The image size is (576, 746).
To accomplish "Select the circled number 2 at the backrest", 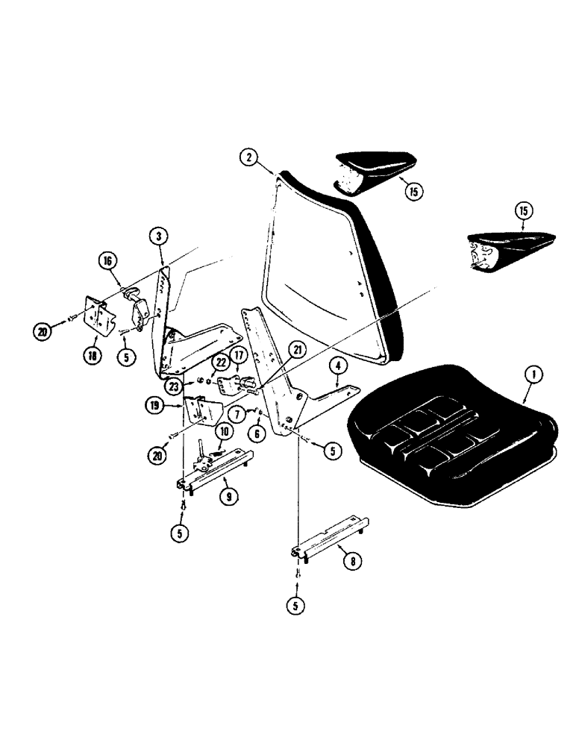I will coord(248,157).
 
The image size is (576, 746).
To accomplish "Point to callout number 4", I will coord(338,366).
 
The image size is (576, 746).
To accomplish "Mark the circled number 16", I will coord(107,260).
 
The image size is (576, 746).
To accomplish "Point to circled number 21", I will coord(297,350).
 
